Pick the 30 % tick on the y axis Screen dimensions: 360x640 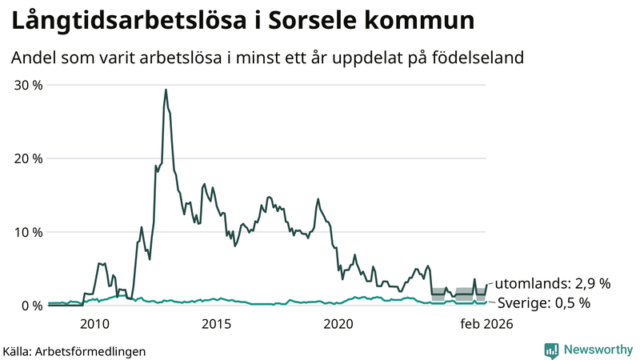(28, 86)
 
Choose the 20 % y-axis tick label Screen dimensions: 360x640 (28, 158)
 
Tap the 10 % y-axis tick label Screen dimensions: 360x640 (28, 232)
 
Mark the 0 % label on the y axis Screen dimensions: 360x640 (32, 306)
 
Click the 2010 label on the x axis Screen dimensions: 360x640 (94, 324)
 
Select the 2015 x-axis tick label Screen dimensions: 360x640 (216, 324)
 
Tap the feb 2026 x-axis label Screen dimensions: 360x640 (486, 324)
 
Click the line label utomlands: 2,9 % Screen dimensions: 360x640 (553, 283)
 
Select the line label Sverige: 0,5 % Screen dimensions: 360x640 (544, 303)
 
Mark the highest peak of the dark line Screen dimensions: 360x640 (166, 90)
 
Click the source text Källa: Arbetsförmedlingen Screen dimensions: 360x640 (74, 350)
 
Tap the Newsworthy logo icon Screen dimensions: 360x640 (551, 350)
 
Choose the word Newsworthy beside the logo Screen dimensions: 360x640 (597, 350)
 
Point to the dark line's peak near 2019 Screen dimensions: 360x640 (318, 199)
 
